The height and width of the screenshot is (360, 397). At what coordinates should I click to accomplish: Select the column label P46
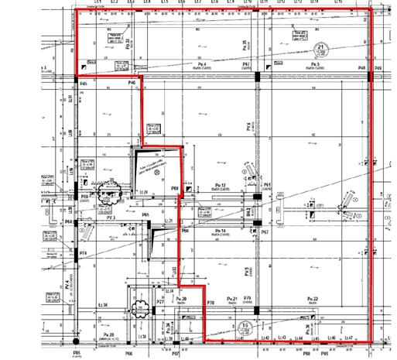(x=132, y=82)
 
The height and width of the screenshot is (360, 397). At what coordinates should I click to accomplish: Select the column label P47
(x=246, y=63)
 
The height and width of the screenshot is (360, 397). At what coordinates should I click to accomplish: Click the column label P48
(x=361, y=69)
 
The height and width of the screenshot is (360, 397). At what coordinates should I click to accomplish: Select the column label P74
(x=83, y=253)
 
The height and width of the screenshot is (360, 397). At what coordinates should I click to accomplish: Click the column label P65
(x=145, y=214)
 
